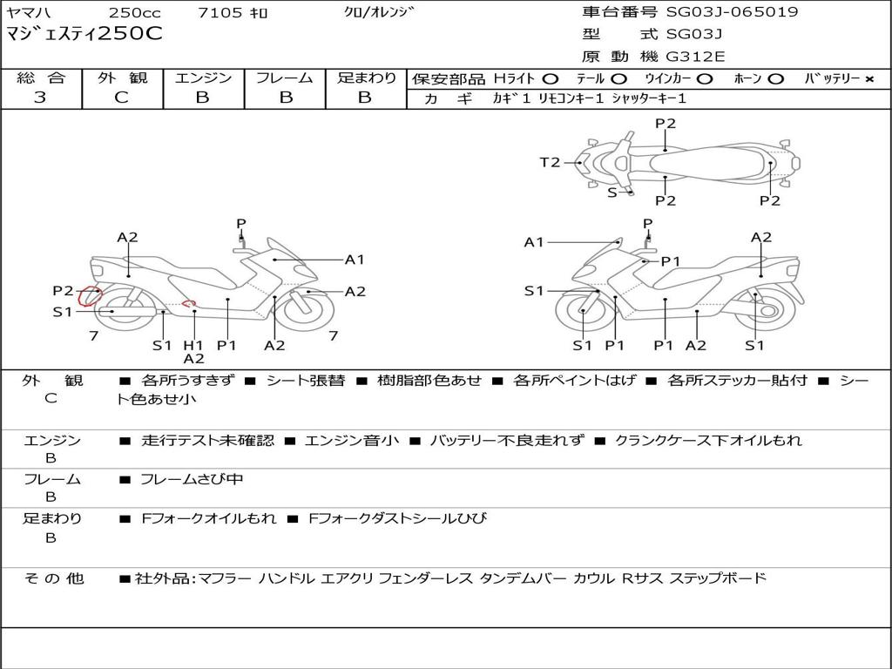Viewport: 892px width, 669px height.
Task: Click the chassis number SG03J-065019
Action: click(x=732, y=11)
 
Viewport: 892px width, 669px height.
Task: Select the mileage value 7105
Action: click(x=220, y=12)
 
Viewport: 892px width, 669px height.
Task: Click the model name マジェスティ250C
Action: click(x=84, y=34)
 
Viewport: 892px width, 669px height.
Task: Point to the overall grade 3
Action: click(x=39, y=98)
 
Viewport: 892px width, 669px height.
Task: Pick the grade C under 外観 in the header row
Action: click(x=121, y=98)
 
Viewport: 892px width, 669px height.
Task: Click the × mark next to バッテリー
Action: click(x=869, y=79)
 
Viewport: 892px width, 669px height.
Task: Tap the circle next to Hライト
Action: click(x=551, y=79)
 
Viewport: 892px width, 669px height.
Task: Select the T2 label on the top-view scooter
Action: click(x=550, y=163)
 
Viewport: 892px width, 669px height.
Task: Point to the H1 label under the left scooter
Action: click(x=193, y=345)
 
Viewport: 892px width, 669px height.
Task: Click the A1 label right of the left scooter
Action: click(x=355, y=260)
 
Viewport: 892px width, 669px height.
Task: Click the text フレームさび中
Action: click(x=192, y=480)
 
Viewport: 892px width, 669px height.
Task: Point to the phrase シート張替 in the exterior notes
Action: click(x=306, y=381)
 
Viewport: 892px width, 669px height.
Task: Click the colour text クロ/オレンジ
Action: click(x=379, y=12)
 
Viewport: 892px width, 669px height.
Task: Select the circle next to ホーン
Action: click(x=775, y=79)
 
